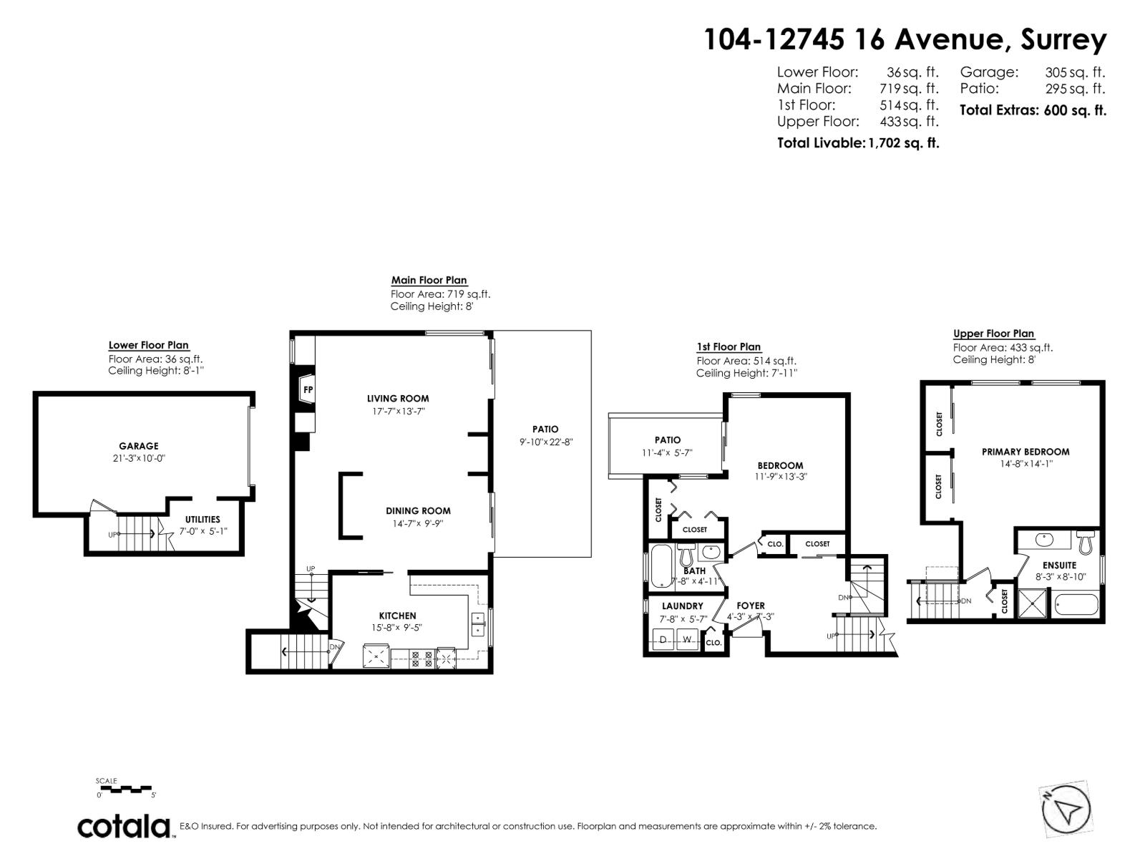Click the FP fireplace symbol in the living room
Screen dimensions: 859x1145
pos(308,390)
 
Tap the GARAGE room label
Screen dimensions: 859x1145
pos(139,446)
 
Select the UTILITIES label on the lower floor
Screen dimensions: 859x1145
pos(203,520)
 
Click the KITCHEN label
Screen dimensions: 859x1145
pos(397,616)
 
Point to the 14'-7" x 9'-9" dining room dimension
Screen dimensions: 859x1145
pos(418,523)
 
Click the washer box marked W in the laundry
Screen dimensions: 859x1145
pos(687,639)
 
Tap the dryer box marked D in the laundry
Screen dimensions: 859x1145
pos(663,639)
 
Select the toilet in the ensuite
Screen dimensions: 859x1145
pos(1086,542)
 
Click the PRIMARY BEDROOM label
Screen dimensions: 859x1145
pos(1025,452)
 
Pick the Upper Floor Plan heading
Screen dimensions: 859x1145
pos(993,334)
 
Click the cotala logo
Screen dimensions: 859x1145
pos(124,826)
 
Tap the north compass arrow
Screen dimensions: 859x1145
pos(1066,811)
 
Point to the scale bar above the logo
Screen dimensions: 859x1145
pos(126,788)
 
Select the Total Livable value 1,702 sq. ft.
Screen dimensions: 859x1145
pos(903,142)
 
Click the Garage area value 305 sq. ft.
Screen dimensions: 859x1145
pos(1075,72)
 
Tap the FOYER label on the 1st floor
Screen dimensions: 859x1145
pos(751,606)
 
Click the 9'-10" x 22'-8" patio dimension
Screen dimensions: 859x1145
pos(546,442)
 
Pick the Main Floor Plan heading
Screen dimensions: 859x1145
pos(429,281)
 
